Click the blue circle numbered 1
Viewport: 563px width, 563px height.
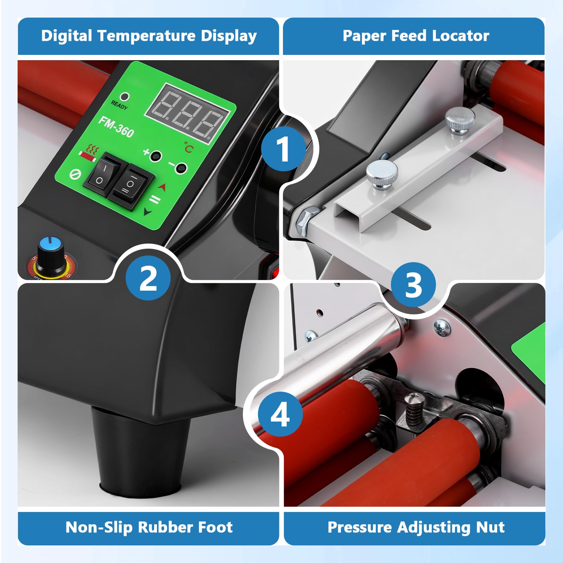pyautogui.click(x=284, y=149)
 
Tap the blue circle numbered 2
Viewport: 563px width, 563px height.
pyautogui.click(x=148, y=278)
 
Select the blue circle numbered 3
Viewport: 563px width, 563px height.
pyautogui.click(x=413, y=285)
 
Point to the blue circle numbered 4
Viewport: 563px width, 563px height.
pyautogui.click(x=280, y=414)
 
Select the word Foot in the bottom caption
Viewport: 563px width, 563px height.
pyautogui.click(x=215, y=527)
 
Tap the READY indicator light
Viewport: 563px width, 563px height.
pyautogui.click(x=125, y=96)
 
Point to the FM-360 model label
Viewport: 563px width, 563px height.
pyautogui.click(x=116, y=127)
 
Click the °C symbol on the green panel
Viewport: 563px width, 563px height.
pyautogui.click(x=189, y=147)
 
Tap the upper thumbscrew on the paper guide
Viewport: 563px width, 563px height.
pyautogui.click(x=460, y=120)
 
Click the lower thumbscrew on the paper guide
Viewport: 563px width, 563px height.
pyautogui.click(x=382, y=175)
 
